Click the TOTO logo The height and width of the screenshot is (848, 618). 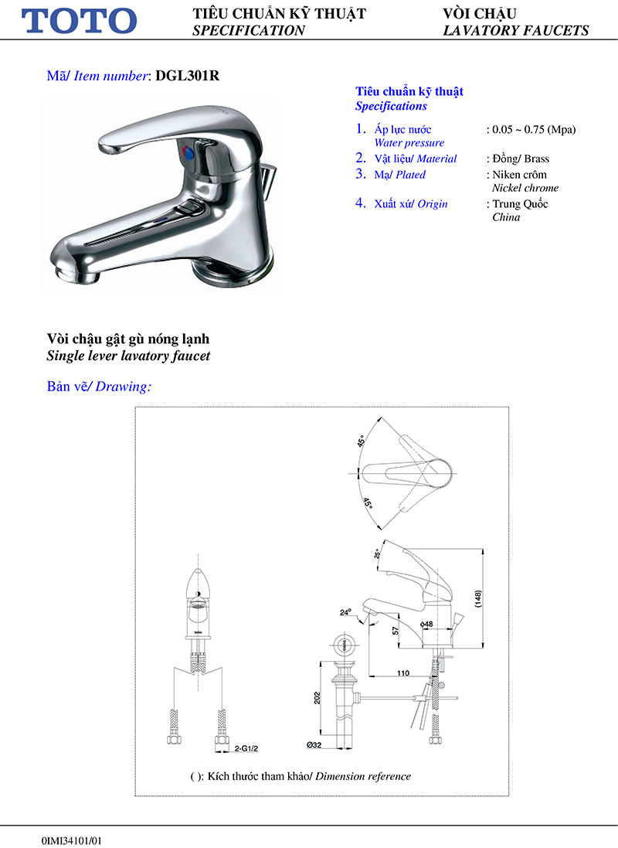point(80,21)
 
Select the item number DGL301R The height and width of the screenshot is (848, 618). point(188,76)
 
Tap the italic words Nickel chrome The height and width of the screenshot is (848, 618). point(525,188)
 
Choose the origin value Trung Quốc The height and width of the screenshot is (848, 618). point(520,204)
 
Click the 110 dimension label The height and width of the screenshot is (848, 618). point(402,673)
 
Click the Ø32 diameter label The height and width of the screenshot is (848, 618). point(314,744)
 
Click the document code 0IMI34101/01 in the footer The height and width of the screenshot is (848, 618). point(72,839)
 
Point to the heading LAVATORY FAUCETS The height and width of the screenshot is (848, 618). point(516,31)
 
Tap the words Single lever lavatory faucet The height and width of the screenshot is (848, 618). point(128,356)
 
